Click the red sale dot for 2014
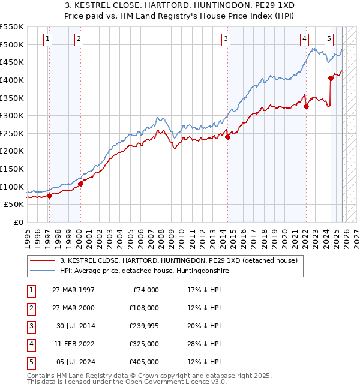(x=228, y=137)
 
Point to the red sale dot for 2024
(x=331, y=78)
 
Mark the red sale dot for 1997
(x=49, y=196)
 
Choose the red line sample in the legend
(x=42, y=260)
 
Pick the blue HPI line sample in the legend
(x=42, y=271)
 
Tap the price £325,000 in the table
(x=144, y=344)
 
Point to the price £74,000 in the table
(x=146, y=290)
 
